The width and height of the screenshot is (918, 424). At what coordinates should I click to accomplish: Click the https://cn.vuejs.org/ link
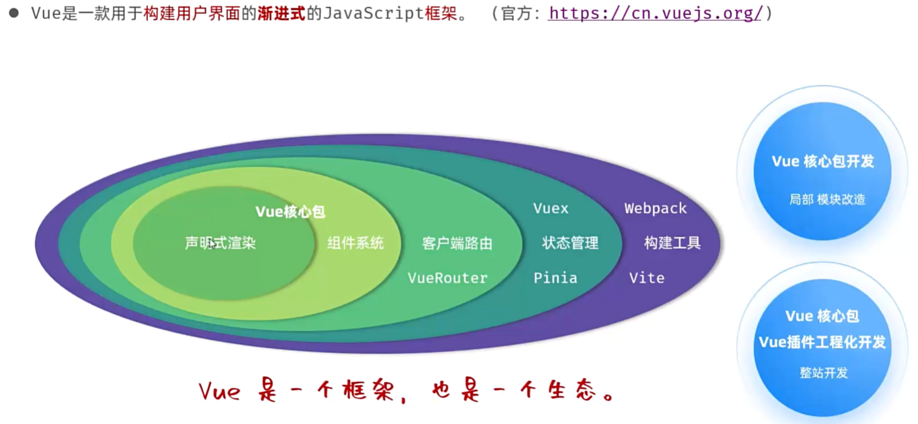coord(655,13)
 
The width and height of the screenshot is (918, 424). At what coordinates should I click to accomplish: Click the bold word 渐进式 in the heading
coord(282,13)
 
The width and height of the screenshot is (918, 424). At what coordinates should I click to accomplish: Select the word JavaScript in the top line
coord(372,13)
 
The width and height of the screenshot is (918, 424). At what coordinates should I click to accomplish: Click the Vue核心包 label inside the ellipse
coord(290,212)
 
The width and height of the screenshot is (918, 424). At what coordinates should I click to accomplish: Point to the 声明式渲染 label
coord(221,244)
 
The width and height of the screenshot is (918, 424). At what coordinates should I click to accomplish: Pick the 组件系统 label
coord(356,244)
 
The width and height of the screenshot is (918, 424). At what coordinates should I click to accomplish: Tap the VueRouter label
coord(448,278)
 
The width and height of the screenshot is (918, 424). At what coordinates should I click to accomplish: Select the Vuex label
coord(551,208)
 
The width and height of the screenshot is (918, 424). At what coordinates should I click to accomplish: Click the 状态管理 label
coord(570,243)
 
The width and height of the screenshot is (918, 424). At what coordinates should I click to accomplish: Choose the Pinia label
coord(555,278)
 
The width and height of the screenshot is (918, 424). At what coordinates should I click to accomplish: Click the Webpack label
coord(655,208)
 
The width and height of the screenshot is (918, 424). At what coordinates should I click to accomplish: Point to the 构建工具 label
coord(673,243)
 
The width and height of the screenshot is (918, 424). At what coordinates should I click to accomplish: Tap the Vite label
coord(646,278)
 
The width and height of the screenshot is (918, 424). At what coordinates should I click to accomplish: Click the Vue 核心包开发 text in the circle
coord(823,161)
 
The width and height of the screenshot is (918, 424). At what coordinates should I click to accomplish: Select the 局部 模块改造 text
coord(827,199)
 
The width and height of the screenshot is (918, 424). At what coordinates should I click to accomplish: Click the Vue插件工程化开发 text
coord(822,342)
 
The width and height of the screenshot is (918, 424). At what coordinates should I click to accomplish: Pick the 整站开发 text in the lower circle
coord(824,373)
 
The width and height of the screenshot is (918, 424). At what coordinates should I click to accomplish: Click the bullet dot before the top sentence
coord(13,13)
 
